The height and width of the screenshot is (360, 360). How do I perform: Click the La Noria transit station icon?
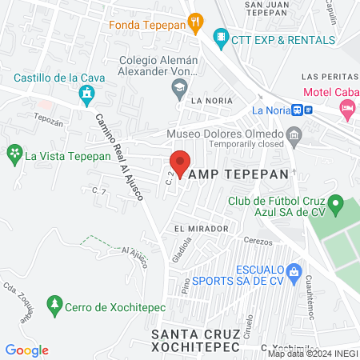[x=298, y=110]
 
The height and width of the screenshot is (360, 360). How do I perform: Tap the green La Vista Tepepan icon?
[x=14, y=152]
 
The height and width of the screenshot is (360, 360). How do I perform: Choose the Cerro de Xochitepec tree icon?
[x=54, y=305]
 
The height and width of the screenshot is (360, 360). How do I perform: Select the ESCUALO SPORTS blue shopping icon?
[x=294, y=270]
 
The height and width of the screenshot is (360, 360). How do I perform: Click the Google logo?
[x=27, y=350]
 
